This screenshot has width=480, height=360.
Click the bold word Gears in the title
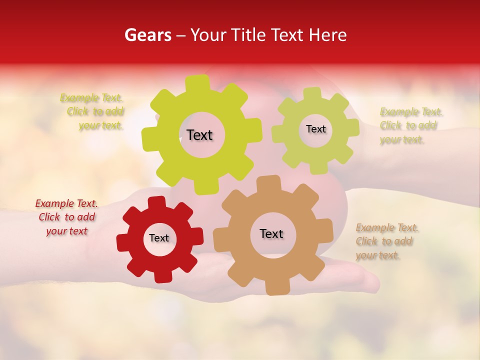147,35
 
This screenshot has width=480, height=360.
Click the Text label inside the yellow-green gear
199,135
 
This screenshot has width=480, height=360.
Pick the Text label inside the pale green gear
315,129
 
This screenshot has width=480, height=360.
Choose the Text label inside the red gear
159,238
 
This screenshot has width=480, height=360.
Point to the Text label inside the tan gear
271,233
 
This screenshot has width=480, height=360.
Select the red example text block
67,217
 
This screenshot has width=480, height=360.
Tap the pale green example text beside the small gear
410,125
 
